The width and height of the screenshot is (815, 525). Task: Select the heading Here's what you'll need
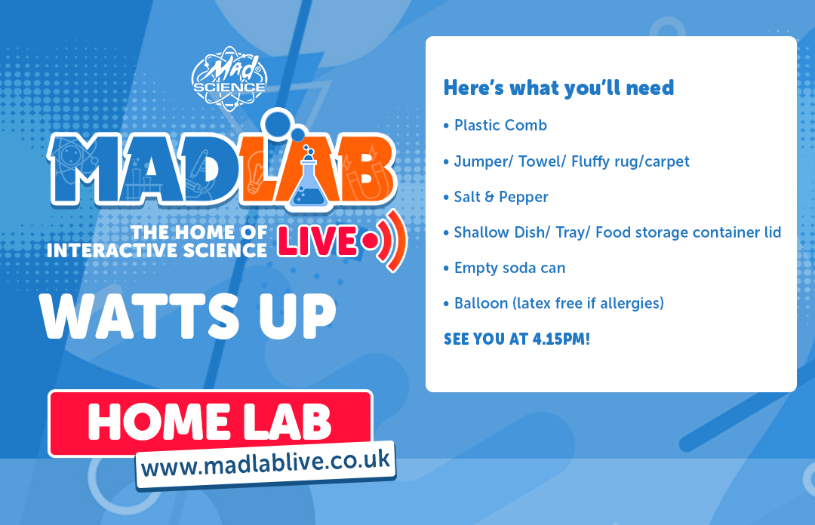[558, 87]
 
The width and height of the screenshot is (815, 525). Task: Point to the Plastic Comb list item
[500, 125]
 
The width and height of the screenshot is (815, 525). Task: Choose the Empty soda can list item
[509, 268]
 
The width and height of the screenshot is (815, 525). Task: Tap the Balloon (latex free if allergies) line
[558, 303]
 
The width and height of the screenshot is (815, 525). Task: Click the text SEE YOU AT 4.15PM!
[516, 339]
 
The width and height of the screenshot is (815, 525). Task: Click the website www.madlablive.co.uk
[266, 462]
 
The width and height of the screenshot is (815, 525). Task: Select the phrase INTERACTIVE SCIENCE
[156, 250]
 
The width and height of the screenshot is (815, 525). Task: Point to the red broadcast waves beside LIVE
[393, 243]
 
